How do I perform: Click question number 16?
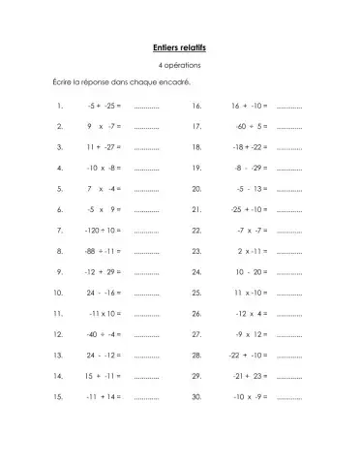[196, 106]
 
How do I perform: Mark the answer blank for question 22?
[290, 231]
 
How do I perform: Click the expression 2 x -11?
[252, 251]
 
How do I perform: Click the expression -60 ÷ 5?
[251, 126]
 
